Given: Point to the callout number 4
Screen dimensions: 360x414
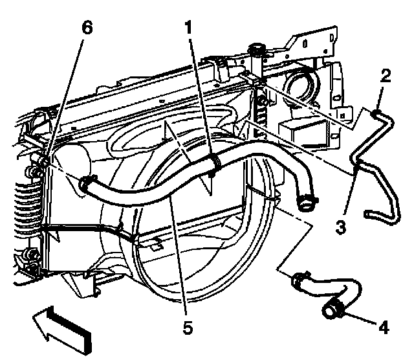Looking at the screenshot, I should (384, 327).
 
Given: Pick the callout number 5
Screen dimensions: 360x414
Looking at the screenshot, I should (187, 328).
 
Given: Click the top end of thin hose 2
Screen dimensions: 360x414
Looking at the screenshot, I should (376, 115).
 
